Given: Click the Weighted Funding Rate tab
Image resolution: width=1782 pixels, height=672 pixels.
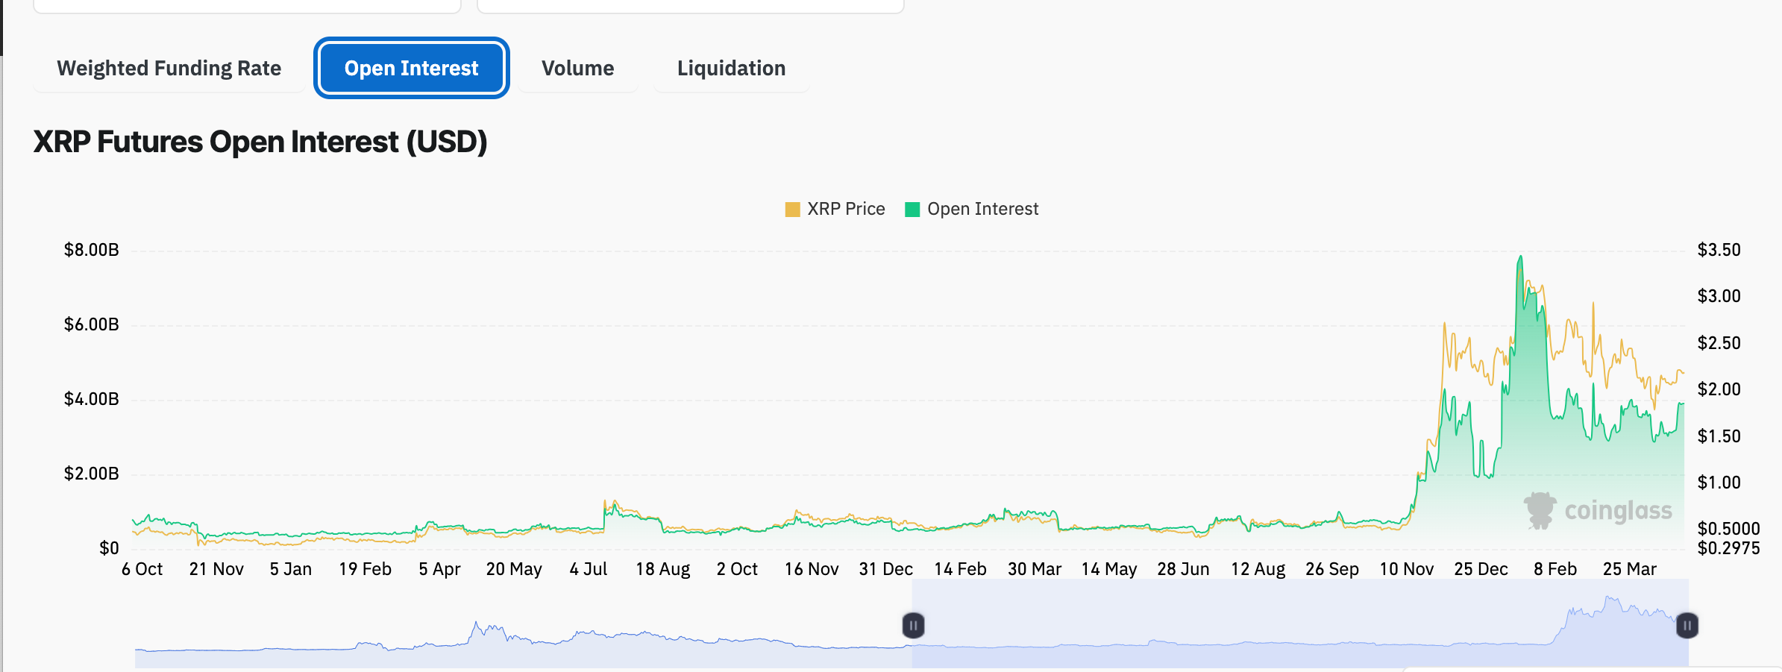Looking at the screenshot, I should coord(169,69).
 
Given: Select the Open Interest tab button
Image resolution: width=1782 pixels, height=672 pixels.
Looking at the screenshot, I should coord(411,69).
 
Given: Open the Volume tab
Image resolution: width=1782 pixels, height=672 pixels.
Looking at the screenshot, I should coord(577,69).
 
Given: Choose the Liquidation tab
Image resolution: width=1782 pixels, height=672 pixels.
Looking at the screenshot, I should coord(731,69).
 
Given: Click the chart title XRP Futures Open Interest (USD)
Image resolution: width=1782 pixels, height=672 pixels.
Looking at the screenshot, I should coord(260,142).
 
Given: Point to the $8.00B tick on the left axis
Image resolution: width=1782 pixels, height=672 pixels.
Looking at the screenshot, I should coord(91,250).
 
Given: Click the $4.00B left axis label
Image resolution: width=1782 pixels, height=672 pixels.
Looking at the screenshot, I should coord(91,399).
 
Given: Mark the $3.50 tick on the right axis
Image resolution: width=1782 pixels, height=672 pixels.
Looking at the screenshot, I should coord(1719,250).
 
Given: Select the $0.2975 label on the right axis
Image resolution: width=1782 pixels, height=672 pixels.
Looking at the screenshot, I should coord(1728,549).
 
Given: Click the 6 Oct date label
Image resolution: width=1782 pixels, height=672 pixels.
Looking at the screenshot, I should coord(142,569).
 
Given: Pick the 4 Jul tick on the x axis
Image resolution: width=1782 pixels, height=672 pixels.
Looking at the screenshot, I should coord(588,569).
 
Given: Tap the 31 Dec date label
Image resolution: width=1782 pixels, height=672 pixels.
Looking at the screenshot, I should coord(885,569).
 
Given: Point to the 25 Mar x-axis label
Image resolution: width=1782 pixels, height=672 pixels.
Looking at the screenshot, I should coord(1629,569).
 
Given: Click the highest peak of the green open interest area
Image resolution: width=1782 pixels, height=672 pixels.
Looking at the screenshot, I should coord(1520,257).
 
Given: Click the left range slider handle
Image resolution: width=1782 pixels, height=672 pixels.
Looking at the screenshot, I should coord(913,625).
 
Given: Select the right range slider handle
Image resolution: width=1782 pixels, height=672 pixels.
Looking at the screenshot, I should coord(1687,625).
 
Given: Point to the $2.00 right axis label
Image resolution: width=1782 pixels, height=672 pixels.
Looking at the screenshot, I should coord(1719,389).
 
